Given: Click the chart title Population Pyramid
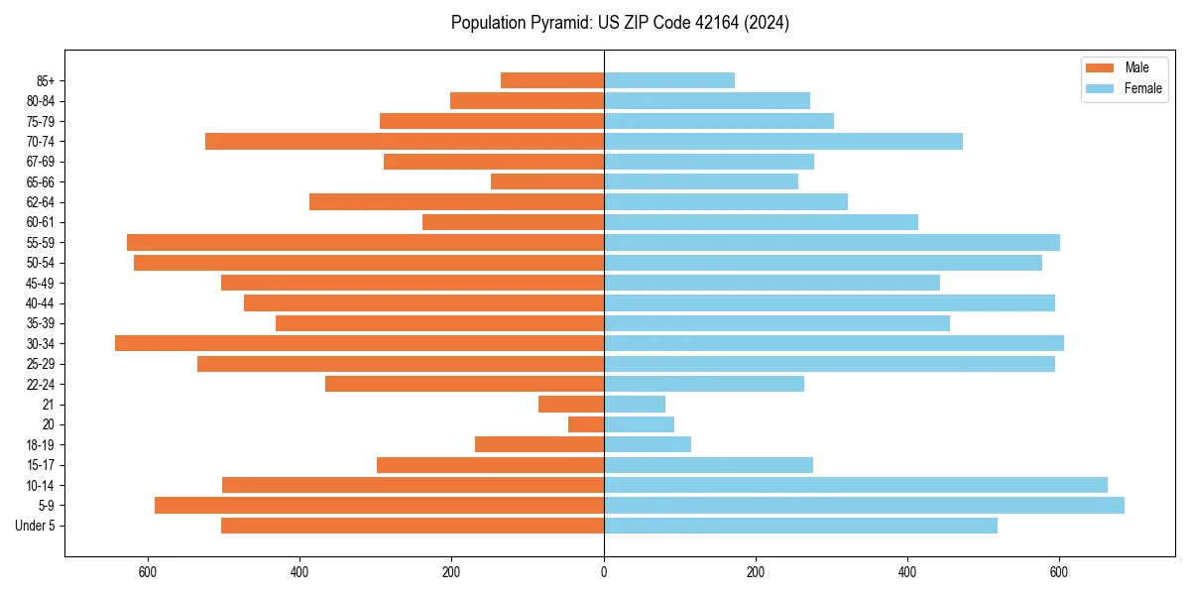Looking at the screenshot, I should pyautogui.click(x=620, y=23).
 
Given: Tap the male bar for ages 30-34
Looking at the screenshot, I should pyautogui.click(x=359, y=343).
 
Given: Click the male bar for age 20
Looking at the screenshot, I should pyautogui.click(x=586, y=424).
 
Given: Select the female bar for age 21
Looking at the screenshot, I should pyautogui.click(x=635, y=405).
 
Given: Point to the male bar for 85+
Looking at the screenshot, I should pyautogui.click(x=552, y=80).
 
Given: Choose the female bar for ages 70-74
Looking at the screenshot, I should pyautogui.click(x=783, y=142).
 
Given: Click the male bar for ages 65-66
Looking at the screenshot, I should pyautogui.click(x=547, y=181).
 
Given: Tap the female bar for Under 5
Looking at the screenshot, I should pyautogui.click(x=800, y=526).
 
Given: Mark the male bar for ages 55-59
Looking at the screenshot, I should pyautogui.click(x=365, y=243).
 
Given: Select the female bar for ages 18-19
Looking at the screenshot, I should pyautogui.click(x=648, y=445).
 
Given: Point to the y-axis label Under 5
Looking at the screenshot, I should pyautogui.click(x=35, y=526).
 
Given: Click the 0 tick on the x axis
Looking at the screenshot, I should pyautogui.click(x=604, y=572).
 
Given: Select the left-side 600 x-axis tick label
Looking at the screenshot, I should pyautogui.click(x=148, y=572).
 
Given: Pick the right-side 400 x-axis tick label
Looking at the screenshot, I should pyautogui.click(x=907, y=572).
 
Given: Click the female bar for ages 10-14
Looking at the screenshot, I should pyautogui.click(x=856, y=485).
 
